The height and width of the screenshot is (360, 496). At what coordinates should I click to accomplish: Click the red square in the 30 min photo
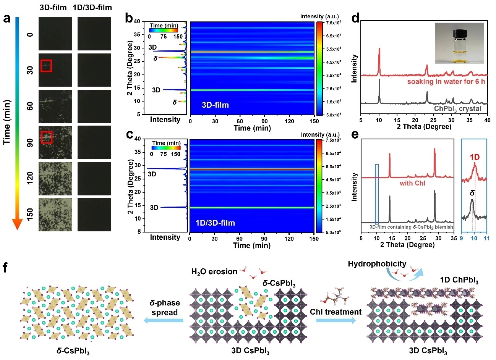[46, 66]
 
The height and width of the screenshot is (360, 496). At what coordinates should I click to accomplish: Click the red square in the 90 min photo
[46, 137]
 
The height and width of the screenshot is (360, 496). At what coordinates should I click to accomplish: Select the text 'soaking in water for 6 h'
[446, 82]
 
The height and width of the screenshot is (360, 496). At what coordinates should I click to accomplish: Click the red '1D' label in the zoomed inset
[475, 157]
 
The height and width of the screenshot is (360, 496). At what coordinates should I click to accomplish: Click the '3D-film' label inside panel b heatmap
[215, 105]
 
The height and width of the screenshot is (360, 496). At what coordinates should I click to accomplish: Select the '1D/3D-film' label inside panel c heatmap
[215, 223]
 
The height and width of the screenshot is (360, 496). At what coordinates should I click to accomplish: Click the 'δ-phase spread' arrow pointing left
[163, 321]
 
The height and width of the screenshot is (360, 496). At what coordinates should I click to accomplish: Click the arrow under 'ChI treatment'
[336, 321]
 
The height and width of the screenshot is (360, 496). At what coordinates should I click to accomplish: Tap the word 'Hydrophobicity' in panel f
[377, 264]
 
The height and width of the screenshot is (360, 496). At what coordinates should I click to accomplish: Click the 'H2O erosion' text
[214, 272]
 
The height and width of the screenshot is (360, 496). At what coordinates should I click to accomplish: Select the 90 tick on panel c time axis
[264, 239]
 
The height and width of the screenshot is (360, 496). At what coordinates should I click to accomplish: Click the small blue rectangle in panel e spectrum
[377, 194]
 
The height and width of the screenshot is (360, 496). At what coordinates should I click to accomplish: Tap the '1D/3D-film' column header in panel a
[94, 8]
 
